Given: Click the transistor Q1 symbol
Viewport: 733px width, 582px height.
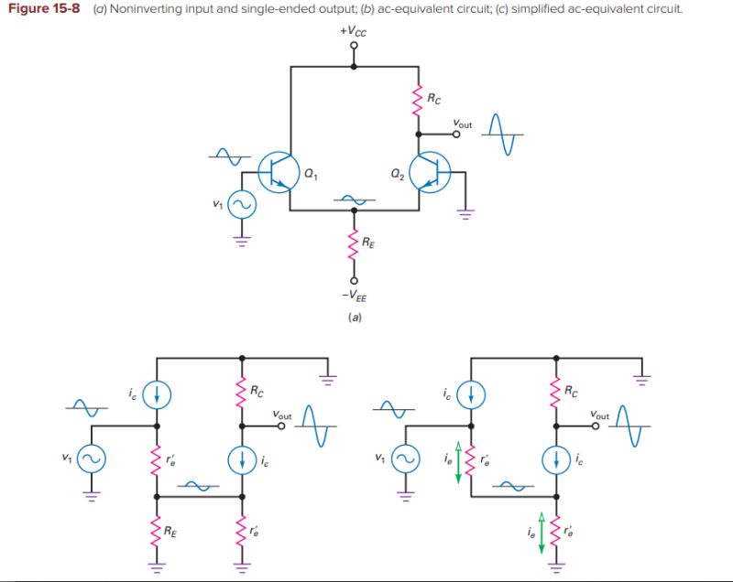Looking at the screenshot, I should coord(278,172).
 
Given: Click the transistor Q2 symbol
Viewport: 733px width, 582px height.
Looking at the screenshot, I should coord(429,172).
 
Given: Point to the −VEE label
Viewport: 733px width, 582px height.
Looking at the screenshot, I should coord(356,296).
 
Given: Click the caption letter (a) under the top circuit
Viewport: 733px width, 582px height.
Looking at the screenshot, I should coord(355,318).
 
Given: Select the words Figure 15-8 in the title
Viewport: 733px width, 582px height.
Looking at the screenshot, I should coord(44,8).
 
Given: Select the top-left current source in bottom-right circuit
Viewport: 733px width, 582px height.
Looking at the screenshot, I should coord(471,393).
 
